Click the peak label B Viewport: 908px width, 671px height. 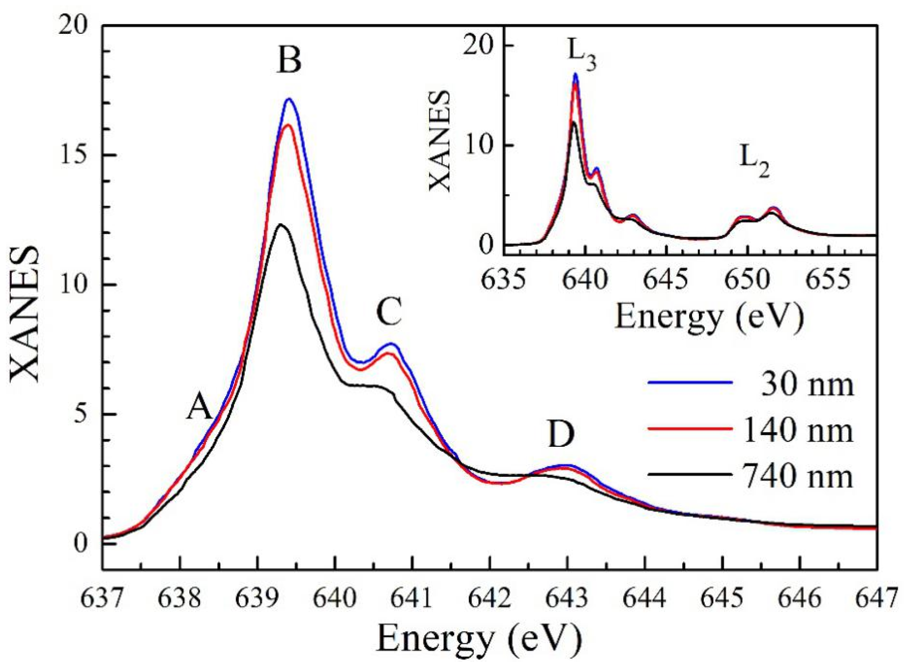coord(289,61)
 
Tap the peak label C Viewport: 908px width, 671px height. coord(389,312)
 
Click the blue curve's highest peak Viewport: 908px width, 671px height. coord(289,99)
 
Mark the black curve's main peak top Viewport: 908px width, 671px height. coord(281,225)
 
